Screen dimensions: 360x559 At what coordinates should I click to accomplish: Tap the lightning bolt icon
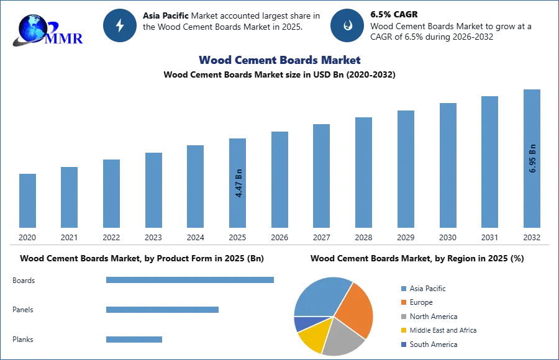(x=120, y=25)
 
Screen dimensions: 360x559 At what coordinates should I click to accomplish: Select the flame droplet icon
(x=347, y=25)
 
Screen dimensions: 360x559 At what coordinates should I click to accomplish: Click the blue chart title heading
(x=280, y=60)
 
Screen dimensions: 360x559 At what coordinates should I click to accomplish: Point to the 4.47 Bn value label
(x=239, y=184)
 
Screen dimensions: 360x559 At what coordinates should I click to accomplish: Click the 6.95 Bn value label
(x=532, y=158)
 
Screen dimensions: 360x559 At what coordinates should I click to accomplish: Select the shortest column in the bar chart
(x=27, y=201)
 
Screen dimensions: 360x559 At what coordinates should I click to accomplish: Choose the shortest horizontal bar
(x=134, y=338)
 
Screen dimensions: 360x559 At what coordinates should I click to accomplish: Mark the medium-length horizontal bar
(x=161, y=308)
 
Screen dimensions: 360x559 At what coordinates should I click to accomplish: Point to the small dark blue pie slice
(x=301, y=323)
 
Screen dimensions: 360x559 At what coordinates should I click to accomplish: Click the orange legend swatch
(x=402, y=303)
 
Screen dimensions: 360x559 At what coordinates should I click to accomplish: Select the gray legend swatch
(x=402, y=317)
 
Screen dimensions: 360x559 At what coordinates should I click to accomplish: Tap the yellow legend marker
(x=402, y=330)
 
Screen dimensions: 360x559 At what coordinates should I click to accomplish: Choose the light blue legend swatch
(x=402, y=288)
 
